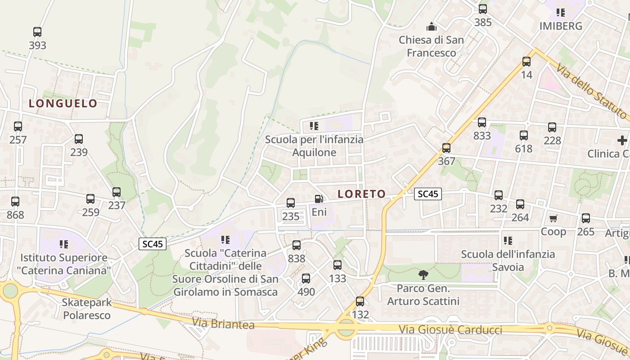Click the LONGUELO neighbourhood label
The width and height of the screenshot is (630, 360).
[63, 103]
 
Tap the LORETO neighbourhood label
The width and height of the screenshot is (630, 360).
[362, 194]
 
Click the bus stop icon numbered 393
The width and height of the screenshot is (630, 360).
[37, 32]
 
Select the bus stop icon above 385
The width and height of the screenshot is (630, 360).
[483, 9]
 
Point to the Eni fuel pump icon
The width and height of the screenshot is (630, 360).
[319, 198]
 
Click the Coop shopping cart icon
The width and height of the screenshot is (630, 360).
[553, 218]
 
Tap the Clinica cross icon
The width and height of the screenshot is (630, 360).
[622, 140]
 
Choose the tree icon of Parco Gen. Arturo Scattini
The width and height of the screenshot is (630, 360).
[423, 274]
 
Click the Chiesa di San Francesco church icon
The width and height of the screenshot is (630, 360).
[432, 27]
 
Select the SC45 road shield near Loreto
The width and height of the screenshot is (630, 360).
[427, 194]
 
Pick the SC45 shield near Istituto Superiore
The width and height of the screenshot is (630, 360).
[153, 244]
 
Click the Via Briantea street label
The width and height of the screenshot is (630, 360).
[223, 324]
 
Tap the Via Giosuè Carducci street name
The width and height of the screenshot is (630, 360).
[450, 329]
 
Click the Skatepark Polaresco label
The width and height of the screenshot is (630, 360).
[87, 309]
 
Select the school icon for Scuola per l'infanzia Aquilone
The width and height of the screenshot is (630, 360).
[314, 126]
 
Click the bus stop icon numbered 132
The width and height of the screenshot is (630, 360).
[360, 301]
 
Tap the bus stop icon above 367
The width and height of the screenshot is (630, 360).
[446, 148]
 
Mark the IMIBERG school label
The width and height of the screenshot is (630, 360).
[561, 26]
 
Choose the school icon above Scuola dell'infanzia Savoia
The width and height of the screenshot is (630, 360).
[508, 241]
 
